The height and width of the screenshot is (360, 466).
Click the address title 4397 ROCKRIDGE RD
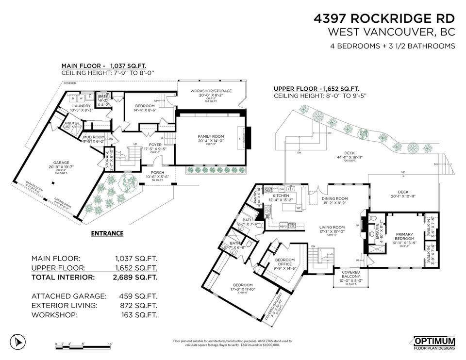click(x=384, y=19)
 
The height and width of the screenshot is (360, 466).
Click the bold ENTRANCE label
click(x=107, y=233)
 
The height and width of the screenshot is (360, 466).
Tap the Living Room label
click(x=332, y=227)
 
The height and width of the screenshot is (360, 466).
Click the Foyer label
click(x=155, y=145)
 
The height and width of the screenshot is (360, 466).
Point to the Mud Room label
click(x=94, y=137)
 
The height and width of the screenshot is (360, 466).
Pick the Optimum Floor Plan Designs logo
click(x=434, y=343)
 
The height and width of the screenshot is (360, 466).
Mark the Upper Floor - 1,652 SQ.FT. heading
click(x=316, y=89)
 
